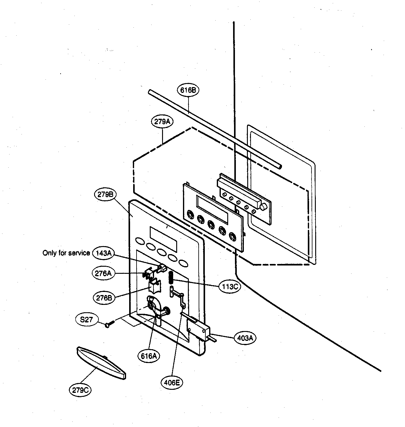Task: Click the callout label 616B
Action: [188, 90]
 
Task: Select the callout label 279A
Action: [162, 122]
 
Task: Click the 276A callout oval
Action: [103, 273]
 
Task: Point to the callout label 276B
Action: [104, 298]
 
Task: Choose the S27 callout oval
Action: [86, 320]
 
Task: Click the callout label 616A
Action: [149, 356]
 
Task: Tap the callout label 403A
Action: [245, 338]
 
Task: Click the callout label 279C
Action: [80, 390]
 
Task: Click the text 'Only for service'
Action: [66, 253]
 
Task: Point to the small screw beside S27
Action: [110, 324]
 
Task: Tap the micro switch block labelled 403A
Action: [198, 329]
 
